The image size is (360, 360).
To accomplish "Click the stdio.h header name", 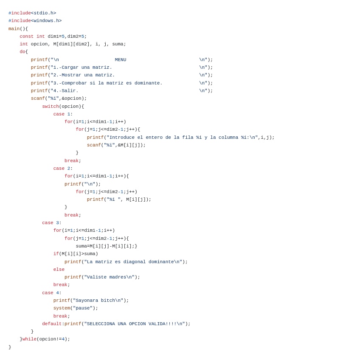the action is tap(43, 13).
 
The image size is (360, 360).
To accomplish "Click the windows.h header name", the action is tap(46, 21).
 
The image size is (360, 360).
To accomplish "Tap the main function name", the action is tap(14, 29).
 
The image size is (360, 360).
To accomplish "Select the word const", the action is tap(26, 37).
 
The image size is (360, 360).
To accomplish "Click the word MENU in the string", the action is tap(121, 60).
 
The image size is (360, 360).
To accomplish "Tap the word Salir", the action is tap(70, 91).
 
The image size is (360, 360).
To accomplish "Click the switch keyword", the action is tap(50, 107).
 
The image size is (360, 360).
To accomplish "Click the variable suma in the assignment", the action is tap(81, 246).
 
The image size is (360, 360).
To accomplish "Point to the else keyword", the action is tap(59, 270).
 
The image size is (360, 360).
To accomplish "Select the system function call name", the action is tap(62, 308).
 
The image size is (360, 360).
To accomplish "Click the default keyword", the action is tap(52, 324).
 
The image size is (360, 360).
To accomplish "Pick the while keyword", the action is tap(29, 339).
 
